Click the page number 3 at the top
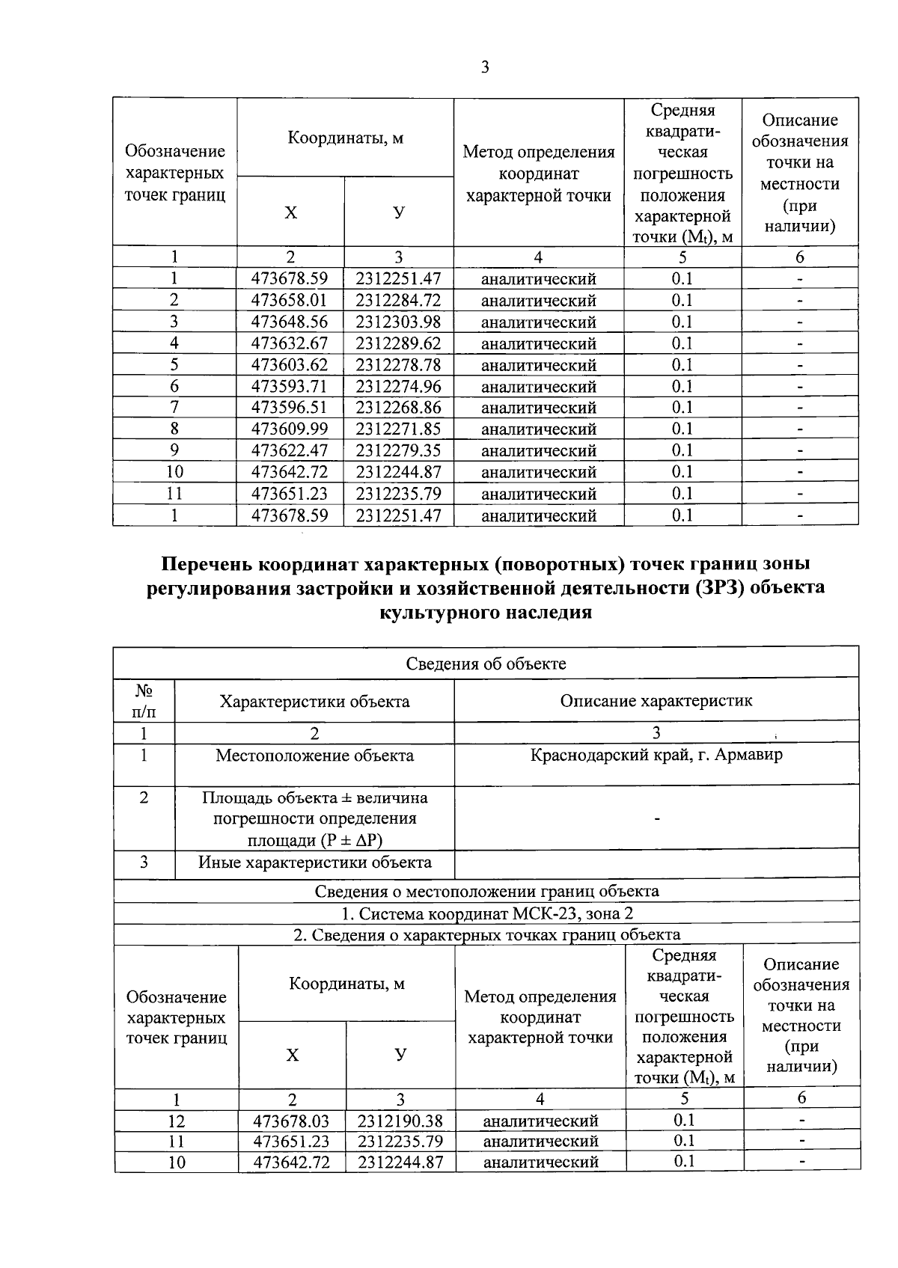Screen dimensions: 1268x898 [485, 68]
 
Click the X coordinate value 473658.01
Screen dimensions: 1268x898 [290, 301]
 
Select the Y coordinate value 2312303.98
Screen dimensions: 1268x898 [398, 322]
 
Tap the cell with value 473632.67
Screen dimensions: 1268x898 [290, 344]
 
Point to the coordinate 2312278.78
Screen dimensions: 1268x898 [398, 365]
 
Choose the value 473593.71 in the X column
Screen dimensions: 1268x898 [290, 387]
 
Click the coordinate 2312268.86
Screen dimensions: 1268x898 [398, 408]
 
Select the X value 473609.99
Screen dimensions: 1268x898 [290, 429]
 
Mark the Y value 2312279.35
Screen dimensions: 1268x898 [398, 451]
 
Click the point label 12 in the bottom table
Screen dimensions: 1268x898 [177, 1121]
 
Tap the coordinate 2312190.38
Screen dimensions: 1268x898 [400, 1121]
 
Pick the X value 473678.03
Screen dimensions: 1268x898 [292, 1121]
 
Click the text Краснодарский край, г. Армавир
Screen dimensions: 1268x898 [656, 755]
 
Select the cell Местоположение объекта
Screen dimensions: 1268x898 [314, 756]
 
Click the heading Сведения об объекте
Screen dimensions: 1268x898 [486, 664]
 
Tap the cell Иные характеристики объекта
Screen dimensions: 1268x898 [314, 863]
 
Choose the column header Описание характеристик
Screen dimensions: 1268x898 [656, 701]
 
